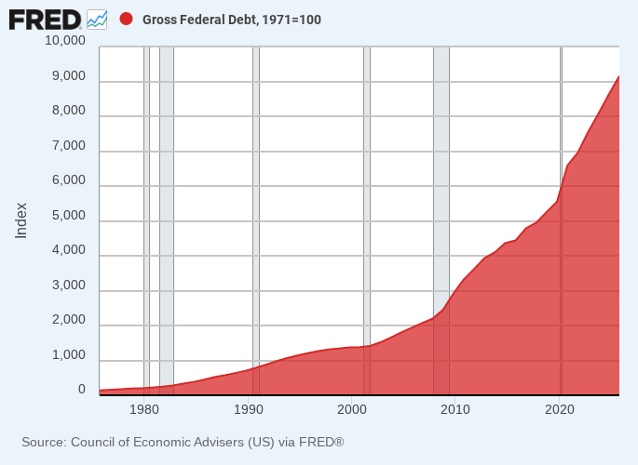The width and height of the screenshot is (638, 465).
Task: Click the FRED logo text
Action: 45,20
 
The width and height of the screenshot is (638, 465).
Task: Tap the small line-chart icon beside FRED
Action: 97,20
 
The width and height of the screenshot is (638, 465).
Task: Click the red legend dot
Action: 126,20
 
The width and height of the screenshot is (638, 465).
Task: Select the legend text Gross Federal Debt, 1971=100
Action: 232,20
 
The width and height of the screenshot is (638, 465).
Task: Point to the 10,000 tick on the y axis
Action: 65,40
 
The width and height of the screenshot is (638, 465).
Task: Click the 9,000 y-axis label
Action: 69,76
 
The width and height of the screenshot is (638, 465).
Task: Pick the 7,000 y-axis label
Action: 69,145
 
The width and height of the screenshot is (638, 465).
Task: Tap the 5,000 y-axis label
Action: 69,215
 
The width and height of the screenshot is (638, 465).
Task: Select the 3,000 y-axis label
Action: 69,286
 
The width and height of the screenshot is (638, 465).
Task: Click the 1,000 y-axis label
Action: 69,355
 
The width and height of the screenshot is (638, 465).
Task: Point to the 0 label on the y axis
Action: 82,390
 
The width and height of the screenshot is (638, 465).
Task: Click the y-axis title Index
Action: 20,220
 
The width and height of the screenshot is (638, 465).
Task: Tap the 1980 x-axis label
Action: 144,409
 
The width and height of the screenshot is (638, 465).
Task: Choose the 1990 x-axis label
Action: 248,409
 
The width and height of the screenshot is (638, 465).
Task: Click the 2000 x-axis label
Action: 352,409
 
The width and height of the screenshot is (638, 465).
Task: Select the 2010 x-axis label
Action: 455,409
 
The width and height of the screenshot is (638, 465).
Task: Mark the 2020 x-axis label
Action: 560,409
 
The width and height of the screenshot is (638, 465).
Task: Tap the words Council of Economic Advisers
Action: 158,442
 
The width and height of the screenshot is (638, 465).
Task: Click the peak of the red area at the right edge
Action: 618,76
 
